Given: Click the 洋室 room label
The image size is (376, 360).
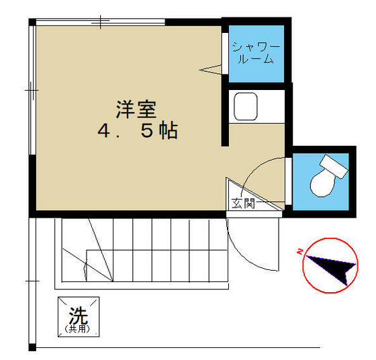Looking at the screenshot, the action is (136, 109).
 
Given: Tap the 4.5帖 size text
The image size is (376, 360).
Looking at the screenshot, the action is (138, 131).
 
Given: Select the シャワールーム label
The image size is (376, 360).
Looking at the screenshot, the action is (256, 53).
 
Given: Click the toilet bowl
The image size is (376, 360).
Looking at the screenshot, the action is (322, 184).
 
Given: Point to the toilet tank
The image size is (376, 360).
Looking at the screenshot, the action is (334, 167).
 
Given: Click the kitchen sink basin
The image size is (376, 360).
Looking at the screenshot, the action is (246, 107).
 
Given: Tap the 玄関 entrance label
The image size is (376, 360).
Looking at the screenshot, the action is (242, 204).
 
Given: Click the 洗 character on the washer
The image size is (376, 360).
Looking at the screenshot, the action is (79, 316).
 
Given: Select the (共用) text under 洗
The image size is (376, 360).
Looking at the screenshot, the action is (78, 328).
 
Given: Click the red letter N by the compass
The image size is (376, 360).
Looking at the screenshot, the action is (299, 252).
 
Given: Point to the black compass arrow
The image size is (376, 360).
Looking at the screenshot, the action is (332, 270).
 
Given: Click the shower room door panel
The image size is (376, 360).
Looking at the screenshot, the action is (225, 53).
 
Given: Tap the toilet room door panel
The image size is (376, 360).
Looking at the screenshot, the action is (288, 181).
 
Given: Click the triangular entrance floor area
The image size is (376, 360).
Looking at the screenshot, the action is (247, 197).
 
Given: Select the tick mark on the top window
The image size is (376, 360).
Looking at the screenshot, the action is (101, 21).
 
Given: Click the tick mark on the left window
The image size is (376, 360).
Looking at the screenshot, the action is (31, 91).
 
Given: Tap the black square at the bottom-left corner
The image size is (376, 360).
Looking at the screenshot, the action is (32, 347).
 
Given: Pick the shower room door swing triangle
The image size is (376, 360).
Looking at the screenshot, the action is (210, 70).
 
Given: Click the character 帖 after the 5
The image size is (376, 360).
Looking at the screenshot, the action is (169, 131).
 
